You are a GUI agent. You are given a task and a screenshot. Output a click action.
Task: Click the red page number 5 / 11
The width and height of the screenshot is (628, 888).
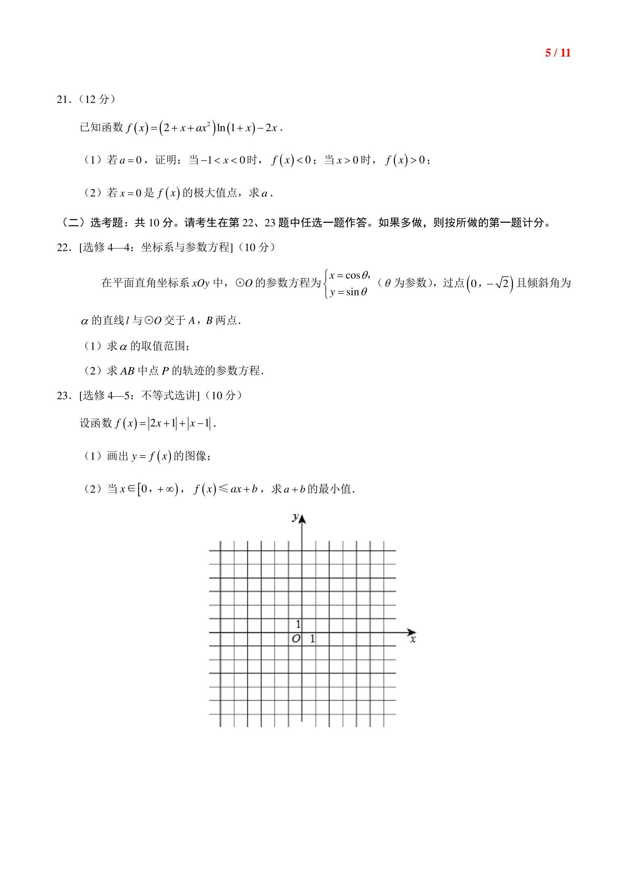point(558,53)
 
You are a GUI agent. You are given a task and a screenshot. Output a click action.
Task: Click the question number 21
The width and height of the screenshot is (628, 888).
point(63,100)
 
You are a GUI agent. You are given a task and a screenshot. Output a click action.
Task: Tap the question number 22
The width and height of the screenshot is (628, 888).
point(63,248)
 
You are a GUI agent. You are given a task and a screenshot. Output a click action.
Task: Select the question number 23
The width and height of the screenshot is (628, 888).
point(63,396)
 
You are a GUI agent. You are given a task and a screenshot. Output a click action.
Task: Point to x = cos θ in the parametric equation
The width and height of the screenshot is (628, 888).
point(349,275)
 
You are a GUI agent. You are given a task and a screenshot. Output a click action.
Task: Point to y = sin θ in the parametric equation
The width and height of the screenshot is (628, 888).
point(348,292)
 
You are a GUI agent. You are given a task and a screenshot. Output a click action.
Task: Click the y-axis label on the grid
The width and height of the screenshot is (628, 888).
point(295,517)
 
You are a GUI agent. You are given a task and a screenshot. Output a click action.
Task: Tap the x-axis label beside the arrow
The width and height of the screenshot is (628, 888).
point(413,639)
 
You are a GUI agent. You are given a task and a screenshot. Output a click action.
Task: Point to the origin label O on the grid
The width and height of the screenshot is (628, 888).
point(296,639)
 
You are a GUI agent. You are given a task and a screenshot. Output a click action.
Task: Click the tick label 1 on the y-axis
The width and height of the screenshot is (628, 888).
point(298,624)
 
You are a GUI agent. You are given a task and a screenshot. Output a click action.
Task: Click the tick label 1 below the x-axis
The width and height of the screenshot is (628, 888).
point(312,639)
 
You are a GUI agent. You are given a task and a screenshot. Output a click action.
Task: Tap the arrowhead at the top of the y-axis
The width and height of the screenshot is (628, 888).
point(302,519)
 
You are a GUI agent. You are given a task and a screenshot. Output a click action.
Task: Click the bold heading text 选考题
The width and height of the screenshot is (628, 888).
point(107,223)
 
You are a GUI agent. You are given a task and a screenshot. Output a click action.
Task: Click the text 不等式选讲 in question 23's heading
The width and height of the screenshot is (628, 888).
point(170,396)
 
